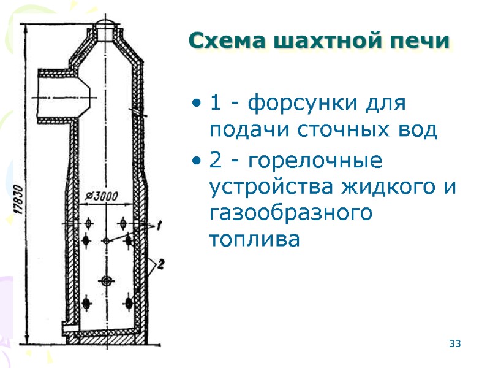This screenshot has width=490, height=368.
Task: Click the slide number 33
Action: [454, 343]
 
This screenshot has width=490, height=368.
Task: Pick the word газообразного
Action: [291, 213]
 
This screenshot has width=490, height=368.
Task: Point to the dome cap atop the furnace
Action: [106, 25]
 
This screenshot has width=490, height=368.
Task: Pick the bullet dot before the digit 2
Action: [195, 162]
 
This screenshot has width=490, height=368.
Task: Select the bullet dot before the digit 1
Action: [195, 102]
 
